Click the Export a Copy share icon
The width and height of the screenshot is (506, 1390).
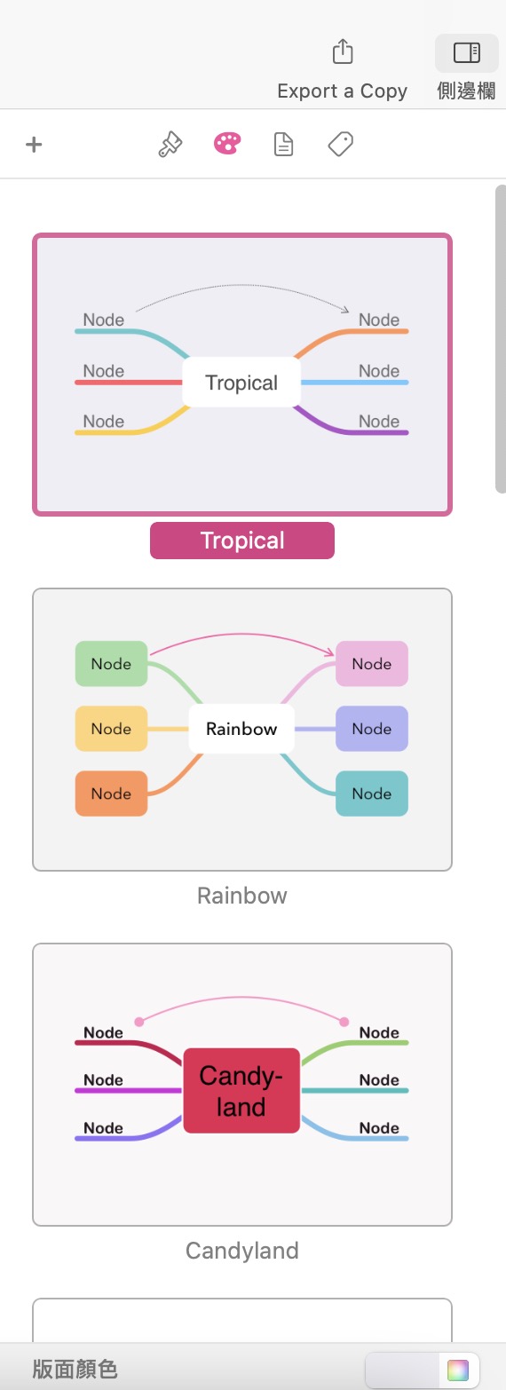pos(343,51)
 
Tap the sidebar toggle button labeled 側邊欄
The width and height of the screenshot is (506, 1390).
pos(466,52)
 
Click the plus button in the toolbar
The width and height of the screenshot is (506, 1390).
pos(34,145)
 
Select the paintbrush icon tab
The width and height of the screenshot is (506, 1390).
pos(170,145)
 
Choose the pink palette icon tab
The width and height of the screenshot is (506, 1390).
pos(227,144)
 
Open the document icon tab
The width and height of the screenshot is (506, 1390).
pos(284,144)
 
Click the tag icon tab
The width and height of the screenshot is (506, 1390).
pos(340,144)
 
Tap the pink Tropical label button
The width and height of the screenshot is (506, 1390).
pos(242,541)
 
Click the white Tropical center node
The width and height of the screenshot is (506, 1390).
pos(241,383)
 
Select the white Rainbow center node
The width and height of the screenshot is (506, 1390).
pos(241,729)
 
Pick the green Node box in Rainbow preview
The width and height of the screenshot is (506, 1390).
pos(111,663)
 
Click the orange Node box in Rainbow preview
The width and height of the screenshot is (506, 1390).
pos(111,794)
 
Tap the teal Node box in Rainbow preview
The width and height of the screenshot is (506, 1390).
pos(372,794)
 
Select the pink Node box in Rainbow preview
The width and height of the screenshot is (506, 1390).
pos(372,663)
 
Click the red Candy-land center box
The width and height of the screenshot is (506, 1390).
pos(241,1091)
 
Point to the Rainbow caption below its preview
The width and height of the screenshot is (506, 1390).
pos(242,896)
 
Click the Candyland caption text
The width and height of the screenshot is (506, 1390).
pos(242,1251)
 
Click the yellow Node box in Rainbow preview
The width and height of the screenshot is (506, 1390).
pos(111,729)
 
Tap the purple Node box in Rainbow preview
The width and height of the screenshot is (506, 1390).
pos(372,729)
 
